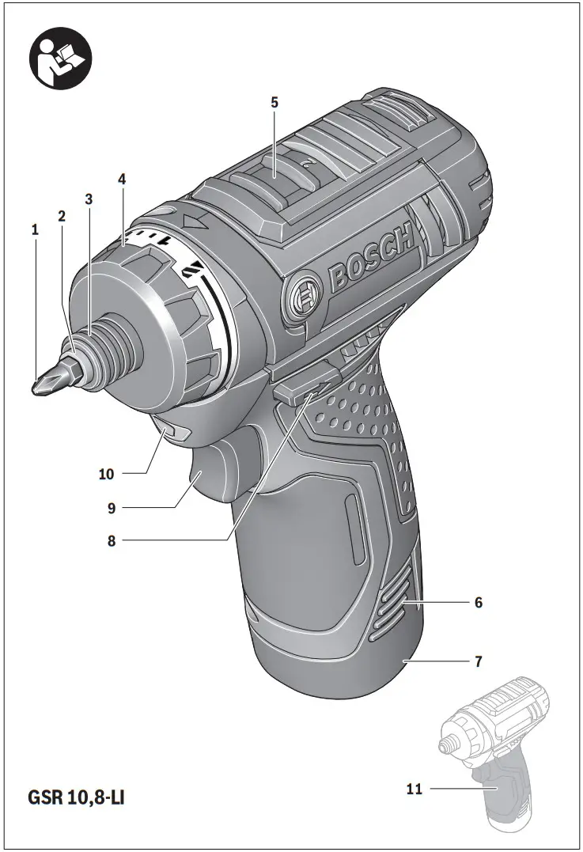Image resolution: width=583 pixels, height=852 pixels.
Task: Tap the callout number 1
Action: pyautogui.click(x=35, y=229)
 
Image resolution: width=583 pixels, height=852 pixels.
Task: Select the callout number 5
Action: pyautogui.click(x=274, y=102)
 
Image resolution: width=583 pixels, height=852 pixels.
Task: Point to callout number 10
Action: pyautogui.click(x=107, y=474)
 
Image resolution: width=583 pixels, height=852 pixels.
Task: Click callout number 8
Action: pyautogui.click(x=112, y=542)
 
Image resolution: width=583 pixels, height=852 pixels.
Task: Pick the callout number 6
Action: pyautogui.click(x=479, y=602)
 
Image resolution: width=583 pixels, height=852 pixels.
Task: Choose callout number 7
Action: pyautogui.click(x=479, y=660)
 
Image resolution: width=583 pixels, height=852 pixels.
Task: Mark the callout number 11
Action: pyautogui.click(x=413, y=789)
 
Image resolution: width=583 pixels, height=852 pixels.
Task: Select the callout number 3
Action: pyautogui.click(x=89, y=199)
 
